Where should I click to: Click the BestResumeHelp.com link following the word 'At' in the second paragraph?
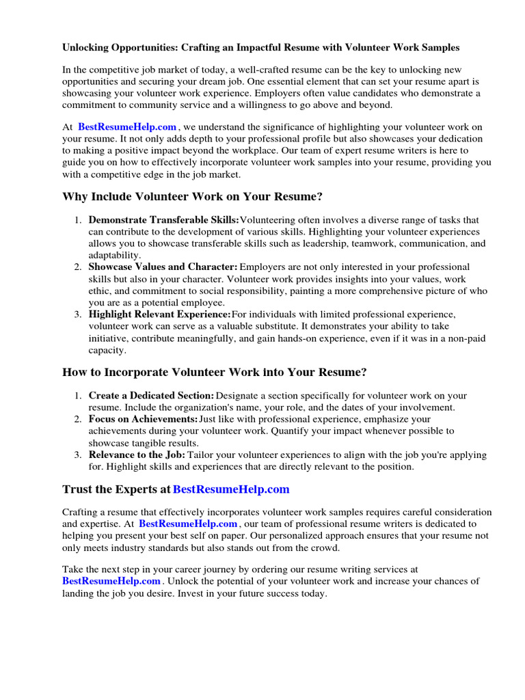(x=127, y=126)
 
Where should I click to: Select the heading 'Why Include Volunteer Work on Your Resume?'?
(x=192, y=197)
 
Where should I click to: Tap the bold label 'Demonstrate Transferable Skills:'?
(x=164, y=220)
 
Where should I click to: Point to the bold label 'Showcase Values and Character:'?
(x=163, y=267)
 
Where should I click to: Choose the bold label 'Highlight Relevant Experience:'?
(x=159, y=314)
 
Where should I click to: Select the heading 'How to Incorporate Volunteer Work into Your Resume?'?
(x=215, y=373)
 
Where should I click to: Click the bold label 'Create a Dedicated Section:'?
(x=151, y=396)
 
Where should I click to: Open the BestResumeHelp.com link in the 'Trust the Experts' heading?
(x=231, y=489)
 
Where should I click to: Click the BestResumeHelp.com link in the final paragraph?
(x=111, y=581)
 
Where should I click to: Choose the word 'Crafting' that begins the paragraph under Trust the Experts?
(x=81, y=512)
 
